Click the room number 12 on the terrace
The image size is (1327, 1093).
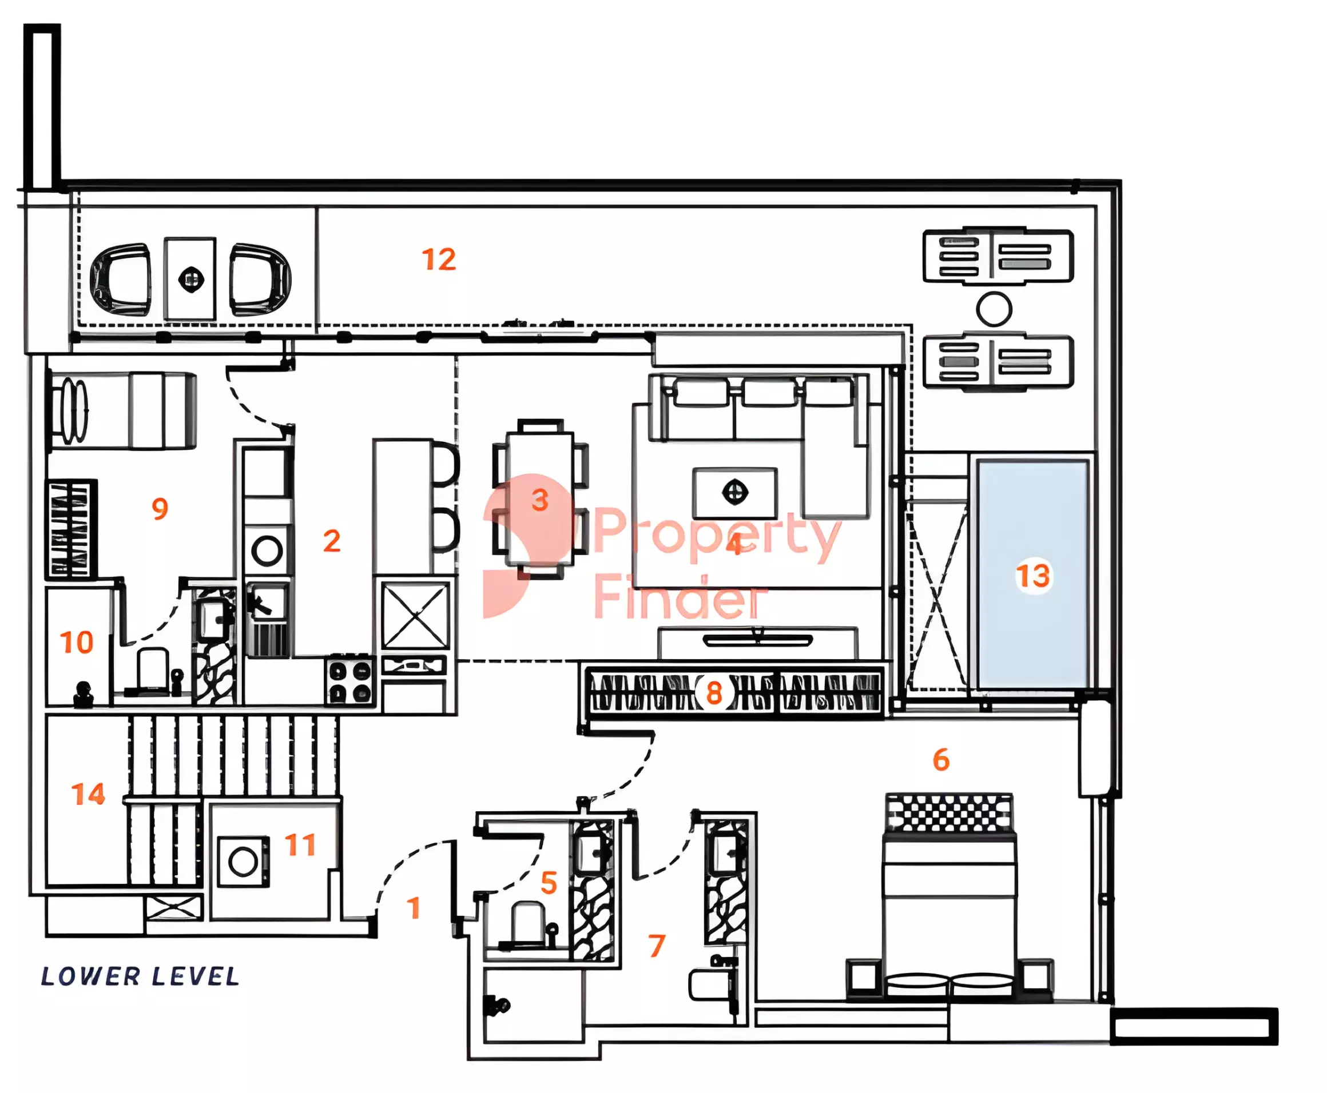click(x=439, y=260)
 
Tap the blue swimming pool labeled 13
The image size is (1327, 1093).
click(x=1032, y=573)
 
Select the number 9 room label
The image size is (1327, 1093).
click(x=160, y=508)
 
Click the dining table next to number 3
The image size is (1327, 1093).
click(x=540, y=498)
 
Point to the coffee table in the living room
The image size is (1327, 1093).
click(x=734, y=493)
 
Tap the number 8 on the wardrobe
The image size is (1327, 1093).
click(x=714, y=693)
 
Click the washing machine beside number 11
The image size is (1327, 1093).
click(x=243, y=861)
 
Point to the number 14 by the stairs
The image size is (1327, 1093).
click(x=88, y=794)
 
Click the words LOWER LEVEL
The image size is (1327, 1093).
click(x=140, y=976)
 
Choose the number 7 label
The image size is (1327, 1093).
click(x=656, y=945)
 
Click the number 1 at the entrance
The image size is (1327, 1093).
click(x=413, y=907)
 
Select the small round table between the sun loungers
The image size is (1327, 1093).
click(x=994, y=309)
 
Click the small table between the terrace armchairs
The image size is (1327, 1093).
click(x=190, y=279)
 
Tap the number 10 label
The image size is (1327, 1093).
click(x=77, y=642)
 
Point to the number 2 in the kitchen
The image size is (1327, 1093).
click(x=332, y=541)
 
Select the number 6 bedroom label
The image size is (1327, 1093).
click(x=941, y=760)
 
